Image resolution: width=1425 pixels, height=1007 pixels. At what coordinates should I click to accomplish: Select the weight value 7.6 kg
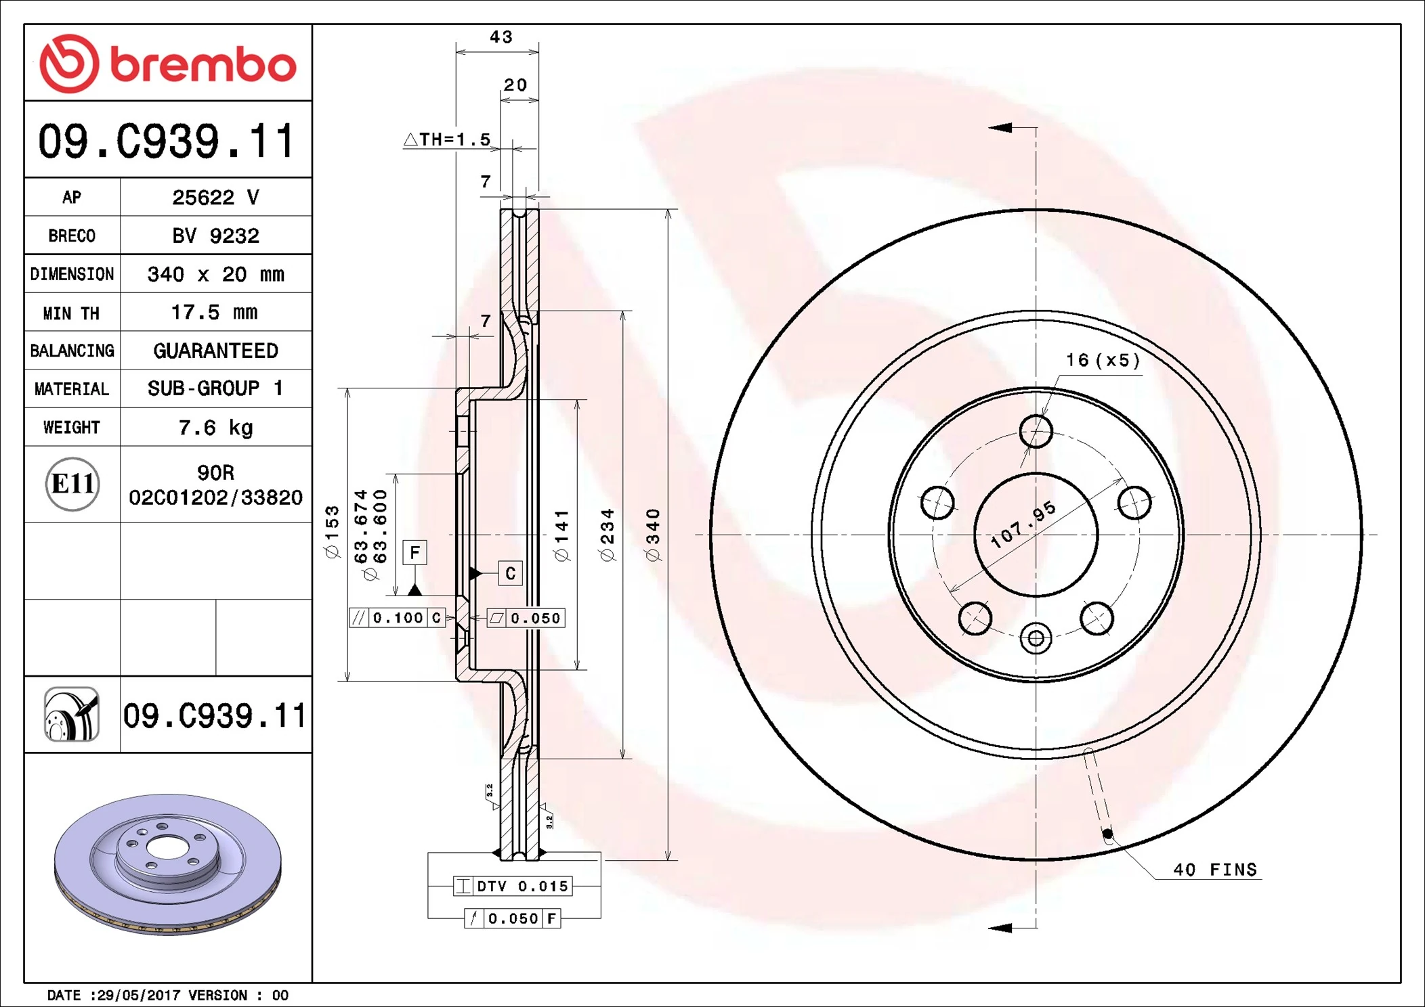pos(215,428)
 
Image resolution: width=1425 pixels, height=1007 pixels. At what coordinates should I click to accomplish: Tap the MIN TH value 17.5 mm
pos(214,313)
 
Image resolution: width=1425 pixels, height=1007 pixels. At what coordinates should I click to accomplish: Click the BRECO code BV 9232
pos(215,236)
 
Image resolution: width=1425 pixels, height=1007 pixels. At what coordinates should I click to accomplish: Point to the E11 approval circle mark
pos(72,484)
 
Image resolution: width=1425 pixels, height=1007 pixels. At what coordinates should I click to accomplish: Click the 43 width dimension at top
pos(501,37)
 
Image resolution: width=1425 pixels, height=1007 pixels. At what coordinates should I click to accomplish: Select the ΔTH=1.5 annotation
pos(448,139)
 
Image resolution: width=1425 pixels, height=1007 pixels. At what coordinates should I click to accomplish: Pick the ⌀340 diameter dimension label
pos(653,535)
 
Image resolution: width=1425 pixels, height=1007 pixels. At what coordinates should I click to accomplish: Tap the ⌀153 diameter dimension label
pos(332,532)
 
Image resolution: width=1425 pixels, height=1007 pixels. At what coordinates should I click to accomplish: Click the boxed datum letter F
pos(414,552)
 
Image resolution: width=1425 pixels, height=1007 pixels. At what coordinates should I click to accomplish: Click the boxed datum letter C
pos(511,573)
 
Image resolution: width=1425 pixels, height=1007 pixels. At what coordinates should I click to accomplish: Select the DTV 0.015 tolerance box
pos(513,886)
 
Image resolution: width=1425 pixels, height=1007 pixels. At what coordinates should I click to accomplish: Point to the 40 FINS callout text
pos(1214,870)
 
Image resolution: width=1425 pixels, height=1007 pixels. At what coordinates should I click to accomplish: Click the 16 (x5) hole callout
pos(1103,360)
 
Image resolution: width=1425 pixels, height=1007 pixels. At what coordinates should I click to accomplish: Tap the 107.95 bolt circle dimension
pos(1023,524)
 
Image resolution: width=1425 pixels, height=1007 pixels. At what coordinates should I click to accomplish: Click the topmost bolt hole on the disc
pos(1036,431)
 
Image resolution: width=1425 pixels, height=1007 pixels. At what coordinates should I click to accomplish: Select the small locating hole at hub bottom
pos(1036,638)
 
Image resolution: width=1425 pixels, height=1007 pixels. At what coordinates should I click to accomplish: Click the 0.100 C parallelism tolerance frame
pos(398,618)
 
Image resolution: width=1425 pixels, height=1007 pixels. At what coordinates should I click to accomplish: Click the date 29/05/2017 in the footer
pos(139,995)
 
